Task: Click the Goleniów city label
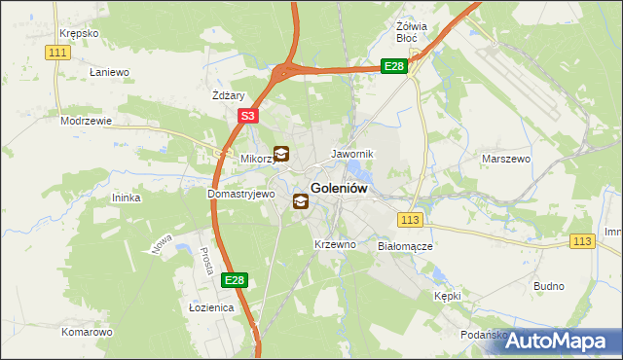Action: (x=338, y=189)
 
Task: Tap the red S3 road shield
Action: (x=248, y=116)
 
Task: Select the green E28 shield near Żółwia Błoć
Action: (x=393, y=66)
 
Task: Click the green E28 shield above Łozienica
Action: (x=234, y=280)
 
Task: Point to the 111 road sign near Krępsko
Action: (x=57, y=52)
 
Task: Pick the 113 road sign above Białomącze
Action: (x=410, y=221)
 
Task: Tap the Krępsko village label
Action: (x=79, y=33)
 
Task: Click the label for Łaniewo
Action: (x=109, y=72)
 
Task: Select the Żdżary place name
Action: (x=227, y=95)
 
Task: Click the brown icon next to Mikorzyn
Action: (x=281, y=153)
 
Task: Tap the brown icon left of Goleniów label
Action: (x=301, y=202)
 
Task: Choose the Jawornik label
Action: (x=352, y=154)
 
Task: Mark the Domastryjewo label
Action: (x=241, y=194)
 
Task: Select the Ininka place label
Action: (x=127, y=198)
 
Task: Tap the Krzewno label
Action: (x=335, y=244)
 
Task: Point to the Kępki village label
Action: (x=448, y=295)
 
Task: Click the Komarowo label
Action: (x=87, y=332)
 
